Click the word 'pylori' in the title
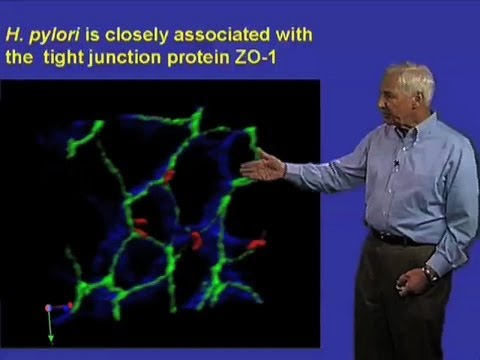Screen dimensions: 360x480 click(47, 35)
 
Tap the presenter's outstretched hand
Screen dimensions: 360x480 click(263, 167)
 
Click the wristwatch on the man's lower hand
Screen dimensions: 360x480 click(429, 273)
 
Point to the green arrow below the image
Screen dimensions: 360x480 click(50, 330)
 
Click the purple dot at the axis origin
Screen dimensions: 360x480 click(48, 308)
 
